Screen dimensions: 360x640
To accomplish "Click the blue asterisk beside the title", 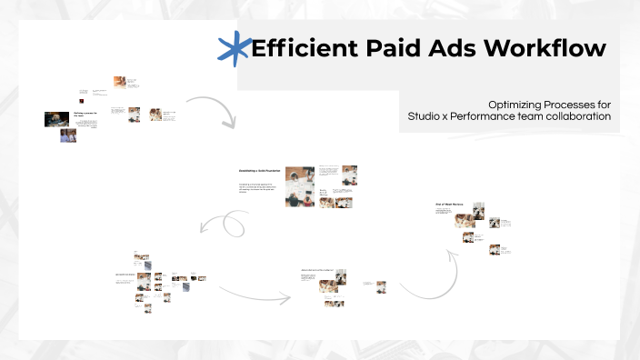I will point(235,47).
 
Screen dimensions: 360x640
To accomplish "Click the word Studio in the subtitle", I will point(427,116).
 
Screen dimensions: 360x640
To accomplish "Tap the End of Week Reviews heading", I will point(451,205).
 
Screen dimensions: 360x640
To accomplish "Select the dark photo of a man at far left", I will point(56,119).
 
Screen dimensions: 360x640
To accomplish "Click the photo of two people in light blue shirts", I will point(68,135).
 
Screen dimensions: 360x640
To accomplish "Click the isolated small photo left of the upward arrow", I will point(382,286).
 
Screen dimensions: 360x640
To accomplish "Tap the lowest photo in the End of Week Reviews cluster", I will point(495,249).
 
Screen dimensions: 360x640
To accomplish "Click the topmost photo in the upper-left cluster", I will point(119,81).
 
